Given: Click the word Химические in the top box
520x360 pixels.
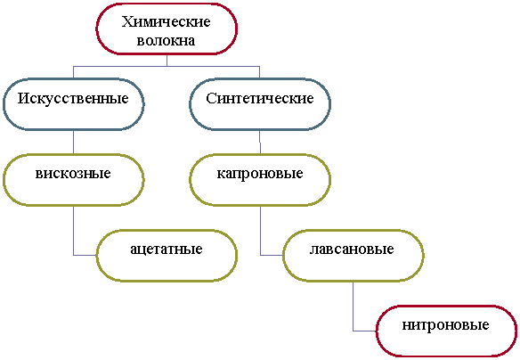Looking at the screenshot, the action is coord(167,22).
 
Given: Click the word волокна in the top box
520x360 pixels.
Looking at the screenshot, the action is coord(166,41).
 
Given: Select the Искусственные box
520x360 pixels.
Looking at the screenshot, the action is coord(74,104).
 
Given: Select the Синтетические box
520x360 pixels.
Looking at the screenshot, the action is coord(260,104).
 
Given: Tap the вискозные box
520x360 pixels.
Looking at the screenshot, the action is coord(74,180).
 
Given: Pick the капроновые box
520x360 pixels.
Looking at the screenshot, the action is coord(260,180).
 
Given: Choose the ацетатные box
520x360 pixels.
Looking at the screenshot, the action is coord(167,256).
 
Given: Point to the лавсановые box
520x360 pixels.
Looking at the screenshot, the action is coord(353,256).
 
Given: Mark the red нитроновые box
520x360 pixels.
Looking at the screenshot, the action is coord(447,331).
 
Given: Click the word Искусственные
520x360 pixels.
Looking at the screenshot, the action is coord(73,99).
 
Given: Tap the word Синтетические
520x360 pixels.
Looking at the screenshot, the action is coord(260,99).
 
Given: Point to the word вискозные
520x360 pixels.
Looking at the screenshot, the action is coord(73,174).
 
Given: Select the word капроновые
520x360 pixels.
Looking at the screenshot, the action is coord(260,174).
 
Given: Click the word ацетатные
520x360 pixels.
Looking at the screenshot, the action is coord(167,250).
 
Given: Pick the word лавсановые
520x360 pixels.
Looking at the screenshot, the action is coord(352,250).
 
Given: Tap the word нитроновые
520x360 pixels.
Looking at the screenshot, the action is coord(446,325).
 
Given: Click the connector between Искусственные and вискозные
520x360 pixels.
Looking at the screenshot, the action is coord(74,142).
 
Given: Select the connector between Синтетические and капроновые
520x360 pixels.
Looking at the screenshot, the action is coord(260,142).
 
